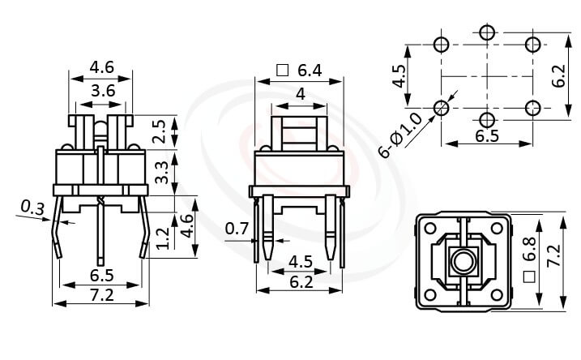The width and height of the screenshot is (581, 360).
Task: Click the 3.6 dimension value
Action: pos(101,92)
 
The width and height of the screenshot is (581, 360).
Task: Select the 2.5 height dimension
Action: pos(159,131)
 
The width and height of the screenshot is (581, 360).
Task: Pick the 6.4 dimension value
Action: pos(309,71)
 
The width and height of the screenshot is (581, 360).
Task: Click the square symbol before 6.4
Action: pos(283,71)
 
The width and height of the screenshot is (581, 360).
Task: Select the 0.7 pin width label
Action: pos(237,229)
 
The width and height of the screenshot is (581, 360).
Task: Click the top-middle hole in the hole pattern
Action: pos(486,32)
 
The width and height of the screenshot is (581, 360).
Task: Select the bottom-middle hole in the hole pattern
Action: pos(486,120)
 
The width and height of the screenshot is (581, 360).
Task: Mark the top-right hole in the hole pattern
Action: pos(532,44)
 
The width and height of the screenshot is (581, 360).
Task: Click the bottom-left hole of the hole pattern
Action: pos(442,108)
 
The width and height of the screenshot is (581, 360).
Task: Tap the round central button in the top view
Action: pos(463,261)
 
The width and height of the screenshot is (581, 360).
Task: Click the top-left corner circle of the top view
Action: pos(429,228)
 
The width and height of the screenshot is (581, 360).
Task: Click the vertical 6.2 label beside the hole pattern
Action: pos(558,75)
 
